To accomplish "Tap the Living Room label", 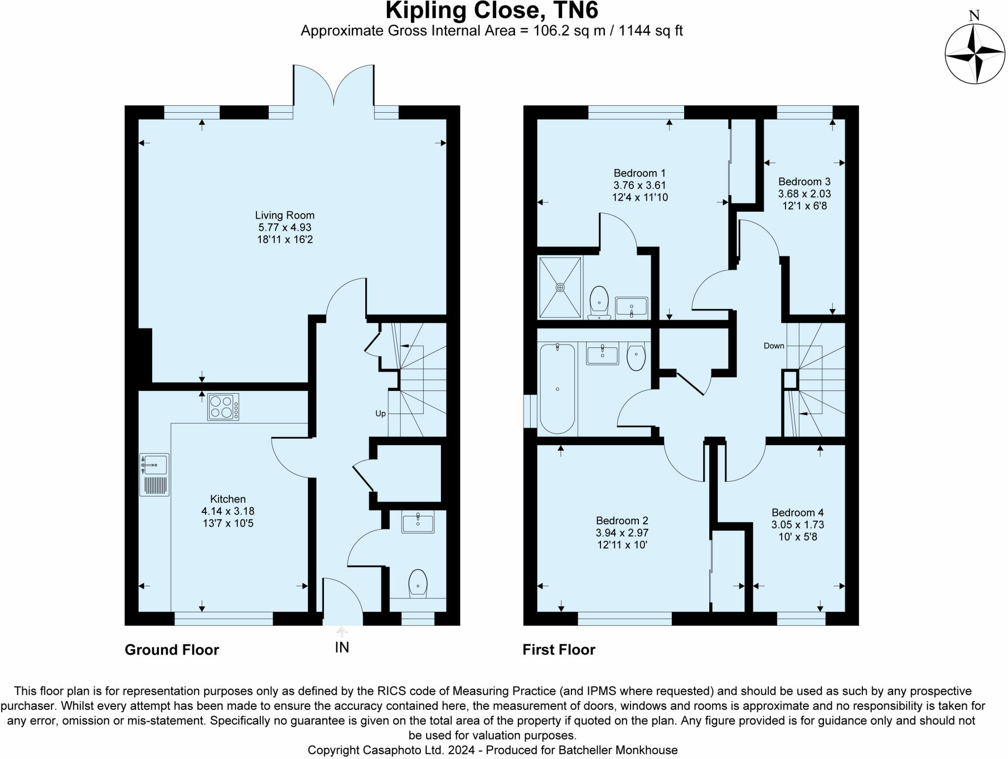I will [284, 215].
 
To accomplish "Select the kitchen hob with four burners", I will [223, 407].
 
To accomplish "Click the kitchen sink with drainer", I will [155, 474].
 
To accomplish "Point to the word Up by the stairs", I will [380, 413].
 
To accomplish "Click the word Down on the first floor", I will [774, 346].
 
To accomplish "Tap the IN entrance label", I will [342, 647].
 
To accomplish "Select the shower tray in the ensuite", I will [560, 287].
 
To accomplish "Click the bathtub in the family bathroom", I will [557, 389].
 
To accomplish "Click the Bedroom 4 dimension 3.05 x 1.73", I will [797, 525].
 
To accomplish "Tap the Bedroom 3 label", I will [804, 182].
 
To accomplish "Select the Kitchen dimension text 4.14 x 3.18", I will [228, 511].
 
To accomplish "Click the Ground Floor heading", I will [172, 650].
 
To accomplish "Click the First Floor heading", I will [559, 650].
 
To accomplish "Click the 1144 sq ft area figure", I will [650, 31].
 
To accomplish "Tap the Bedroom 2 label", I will [622, 520].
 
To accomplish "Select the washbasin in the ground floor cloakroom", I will [418, 522].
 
